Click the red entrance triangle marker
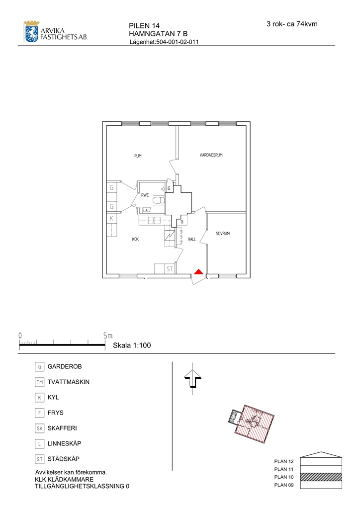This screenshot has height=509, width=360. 198,272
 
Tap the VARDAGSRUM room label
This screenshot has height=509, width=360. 211,155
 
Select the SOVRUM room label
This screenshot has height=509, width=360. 223,234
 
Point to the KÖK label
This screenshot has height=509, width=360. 136,239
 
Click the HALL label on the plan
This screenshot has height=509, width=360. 191,239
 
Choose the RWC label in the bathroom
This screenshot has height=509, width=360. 145,195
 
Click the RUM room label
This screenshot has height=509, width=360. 138,156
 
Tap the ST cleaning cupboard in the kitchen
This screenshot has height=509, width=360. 170,269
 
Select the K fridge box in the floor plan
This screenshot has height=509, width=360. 111,219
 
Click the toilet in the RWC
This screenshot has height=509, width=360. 158,200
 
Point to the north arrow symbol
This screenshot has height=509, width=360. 193,379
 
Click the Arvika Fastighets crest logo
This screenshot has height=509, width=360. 31,31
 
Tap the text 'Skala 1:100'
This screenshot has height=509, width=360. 132,345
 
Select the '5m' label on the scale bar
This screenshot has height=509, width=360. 108,336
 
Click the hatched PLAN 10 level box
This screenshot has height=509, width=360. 321,477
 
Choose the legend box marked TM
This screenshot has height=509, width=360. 39,382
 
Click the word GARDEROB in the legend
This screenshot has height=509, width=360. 65,366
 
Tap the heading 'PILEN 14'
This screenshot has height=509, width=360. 144,26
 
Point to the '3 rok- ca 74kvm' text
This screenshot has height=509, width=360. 292,24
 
